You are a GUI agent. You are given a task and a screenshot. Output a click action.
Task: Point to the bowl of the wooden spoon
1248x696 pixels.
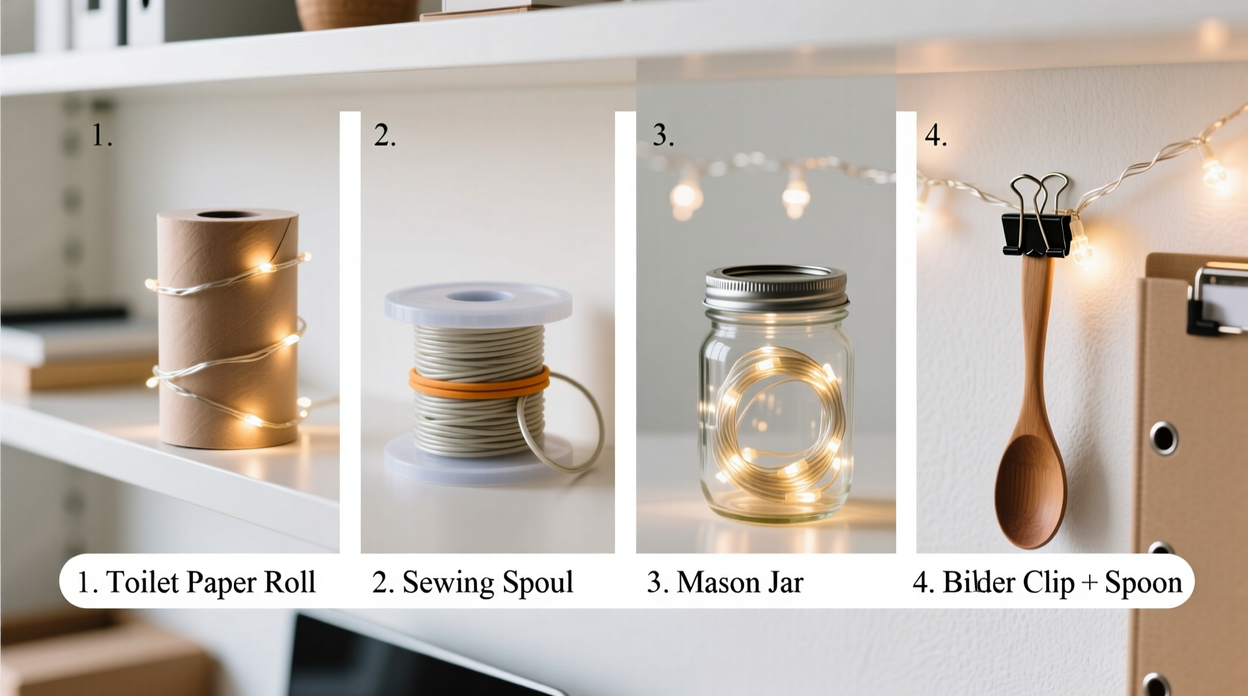[1029, 487]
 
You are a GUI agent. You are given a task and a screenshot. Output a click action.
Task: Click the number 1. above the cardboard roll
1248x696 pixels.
[102, 135]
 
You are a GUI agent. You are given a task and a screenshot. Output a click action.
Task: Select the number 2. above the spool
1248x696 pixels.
[385, 135]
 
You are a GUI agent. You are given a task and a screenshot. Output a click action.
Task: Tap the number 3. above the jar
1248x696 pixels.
[663, 135]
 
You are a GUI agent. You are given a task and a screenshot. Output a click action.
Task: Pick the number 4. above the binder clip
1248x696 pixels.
[935, 135]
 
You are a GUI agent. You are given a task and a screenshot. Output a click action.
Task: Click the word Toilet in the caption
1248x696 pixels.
[142, 582]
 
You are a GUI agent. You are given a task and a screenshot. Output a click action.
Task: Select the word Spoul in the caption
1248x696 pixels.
[537, 582]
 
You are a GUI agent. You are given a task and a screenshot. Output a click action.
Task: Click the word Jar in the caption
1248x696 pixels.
[784, 582]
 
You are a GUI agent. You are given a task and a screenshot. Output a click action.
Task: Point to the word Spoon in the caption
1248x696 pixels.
[1143, 582]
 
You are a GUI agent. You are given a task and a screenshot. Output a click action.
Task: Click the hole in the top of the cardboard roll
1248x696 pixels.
[226, 215]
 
